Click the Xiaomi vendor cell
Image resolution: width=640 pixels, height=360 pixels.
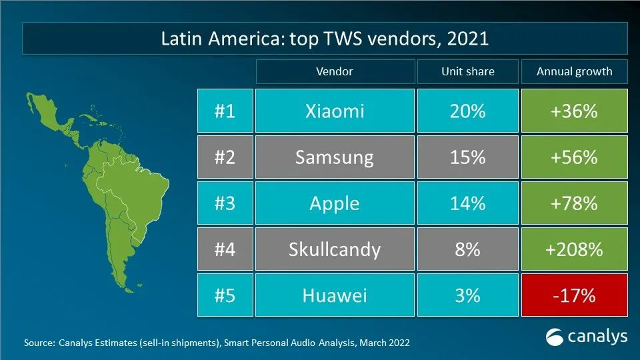pos(335,111)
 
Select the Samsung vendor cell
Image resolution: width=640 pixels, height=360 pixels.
pos(335,157)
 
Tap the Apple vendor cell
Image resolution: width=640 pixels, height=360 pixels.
pos(335,203)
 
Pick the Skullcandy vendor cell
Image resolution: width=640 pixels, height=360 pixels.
pos(335,249)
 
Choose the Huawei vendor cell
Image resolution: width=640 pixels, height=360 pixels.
pos(335,295)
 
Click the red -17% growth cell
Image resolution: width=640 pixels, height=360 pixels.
pos(574,295)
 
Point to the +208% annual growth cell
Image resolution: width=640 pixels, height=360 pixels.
pos(574,249)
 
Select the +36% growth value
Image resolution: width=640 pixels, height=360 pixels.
pos(574,111)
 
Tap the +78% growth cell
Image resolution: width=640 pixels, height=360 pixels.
pos(574,203)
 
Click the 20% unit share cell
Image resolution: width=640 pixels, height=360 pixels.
pos(467,111)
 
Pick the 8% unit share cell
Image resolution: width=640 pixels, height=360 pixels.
pos(467,249)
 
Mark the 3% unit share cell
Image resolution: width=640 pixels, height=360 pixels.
pos(467,295)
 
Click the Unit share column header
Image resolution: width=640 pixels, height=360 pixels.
pos(467,71)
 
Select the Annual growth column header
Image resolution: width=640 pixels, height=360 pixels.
pos(574,71)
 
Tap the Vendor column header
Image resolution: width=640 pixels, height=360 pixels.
pos(335,71)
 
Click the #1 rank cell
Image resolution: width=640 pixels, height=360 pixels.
pos(225,111)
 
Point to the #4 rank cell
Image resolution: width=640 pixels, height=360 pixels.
pos(225,249)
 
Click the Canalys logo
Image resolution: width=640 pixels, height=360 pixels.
pos(587,337)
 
